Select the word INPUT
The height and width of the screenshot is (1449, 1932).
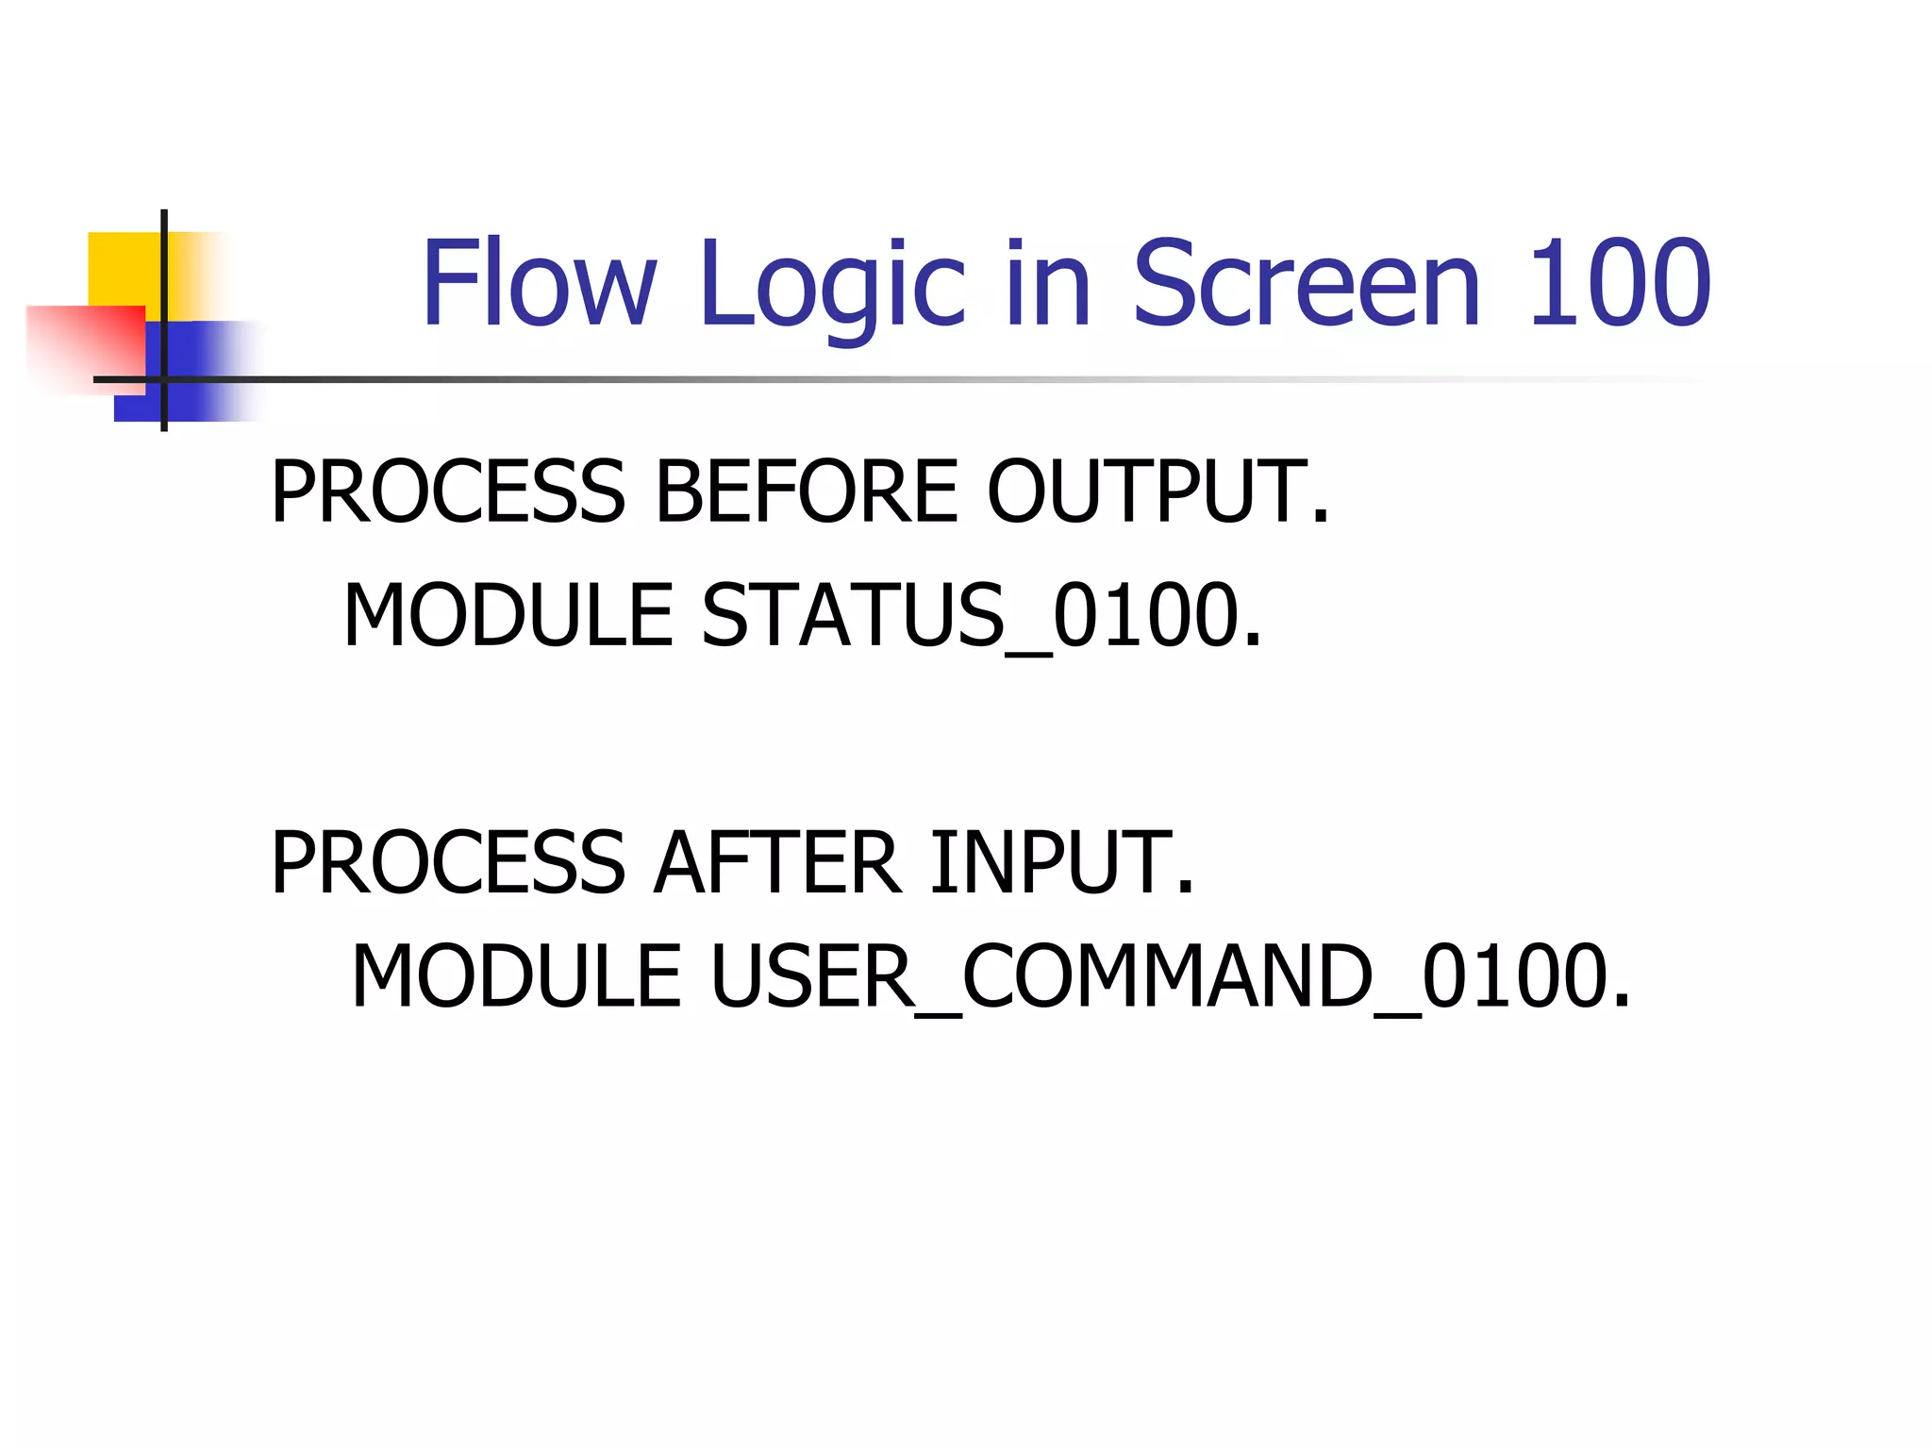coord(1062,862)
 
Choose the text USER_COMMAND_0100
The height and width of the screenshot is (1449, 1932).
coord(1170,976)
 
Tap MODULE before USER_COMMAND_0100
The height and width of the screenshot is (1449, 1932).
coord(516,976)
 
